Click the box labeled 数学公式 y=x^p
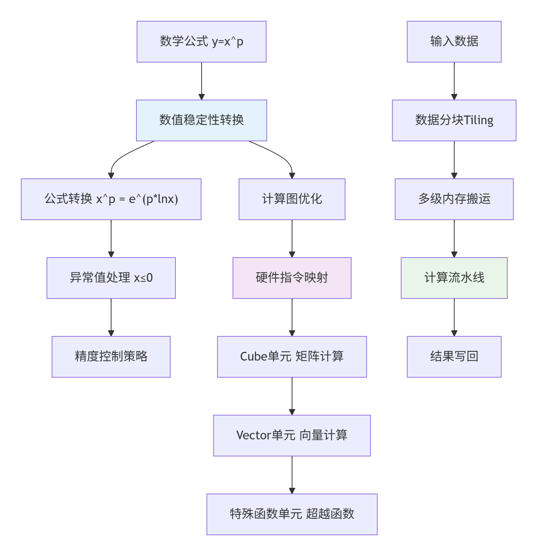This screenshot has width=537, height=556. (x=201, y=42)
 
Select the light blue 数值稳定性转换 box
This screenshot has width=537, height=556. (x=201, y=120)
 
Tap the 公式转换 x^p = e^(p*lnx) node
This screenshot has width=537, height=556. (x=111, y=199)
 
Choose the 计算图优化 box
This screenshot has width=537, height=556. (x=292, y=199)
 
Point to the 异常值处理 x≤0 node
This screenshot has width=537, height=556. (x=111, y=278)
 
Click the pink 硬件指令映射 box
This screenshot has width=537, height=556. (x=292, y=278)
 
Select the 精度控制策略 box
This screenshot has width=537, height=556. (x=111, y=357)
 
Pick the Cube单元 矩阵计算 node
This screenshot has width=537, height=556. (x=292, y=357)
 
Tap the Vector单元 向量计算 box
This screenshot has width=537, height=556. (x=292, y=436)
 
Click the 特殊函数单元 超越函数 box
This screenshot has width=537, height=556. (x=292, y=514)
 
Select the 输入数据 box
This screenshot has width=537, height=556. (x=454, y=42)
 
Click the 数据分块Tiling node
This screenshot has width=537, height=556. (x=454, y=120)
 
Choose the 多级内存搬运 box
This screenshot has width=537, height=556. (x=454, y=199)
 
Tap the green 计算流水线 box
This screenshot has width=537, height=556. (x=454, y=278)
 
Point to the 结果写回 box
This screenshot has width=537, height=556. (x=454, y=357)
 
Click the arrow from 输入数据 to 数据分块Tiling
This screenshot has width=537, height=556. (x=454, y=81)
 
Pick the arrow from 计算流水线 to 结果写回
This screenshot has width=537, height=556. (x=454, y=317)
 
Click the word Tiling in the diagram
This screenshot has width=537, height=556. (x=478, y=120)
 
